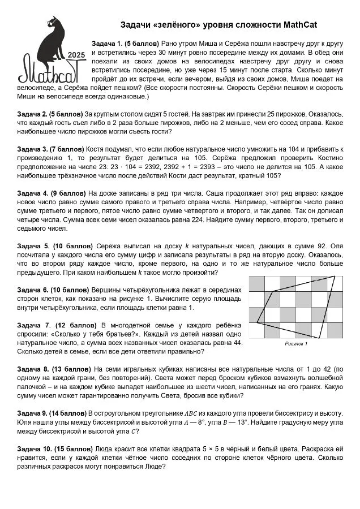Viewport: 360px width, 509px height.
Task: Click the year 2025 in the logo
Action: pos(76,55)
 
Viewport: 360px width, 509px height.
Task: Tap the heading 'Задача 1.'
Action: pos(107,44)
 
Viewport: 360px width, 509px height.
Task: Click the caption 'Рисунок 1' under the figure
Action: pos(295,343)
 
